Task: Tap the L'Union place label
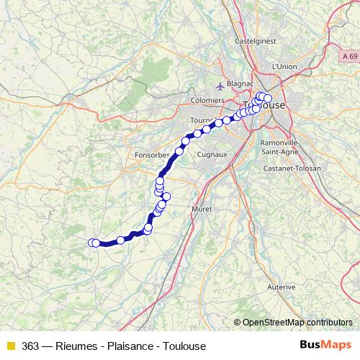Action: [284, 66]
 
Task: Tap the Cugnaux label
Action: [212, 154]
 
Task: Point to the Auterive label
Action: [281, 287]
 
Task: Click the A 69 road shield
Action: [350, 55]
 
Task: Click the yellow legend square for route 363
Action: [10, 346]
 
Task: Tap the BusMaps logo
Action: [325, 345]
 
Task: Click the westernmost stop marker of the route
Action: [91, 243]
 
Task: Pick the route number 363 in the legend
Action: [31, 346]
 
